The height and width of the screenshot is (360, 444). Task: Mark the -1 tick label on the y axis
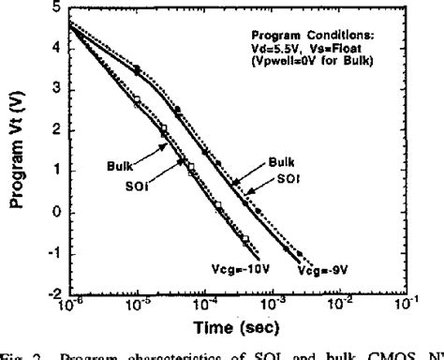click(x=52, y=253)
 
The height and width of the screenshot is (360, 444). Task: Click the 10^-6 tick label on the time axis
click(x=68, y=303)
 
